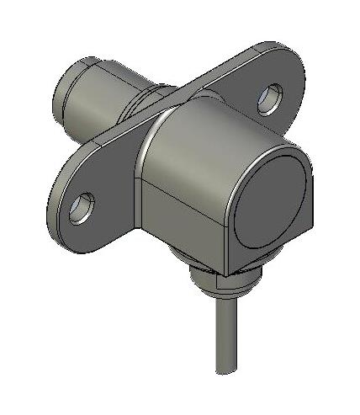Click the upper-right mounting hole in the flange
(271, 98)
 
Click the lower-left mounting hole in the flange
(82, 207)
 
